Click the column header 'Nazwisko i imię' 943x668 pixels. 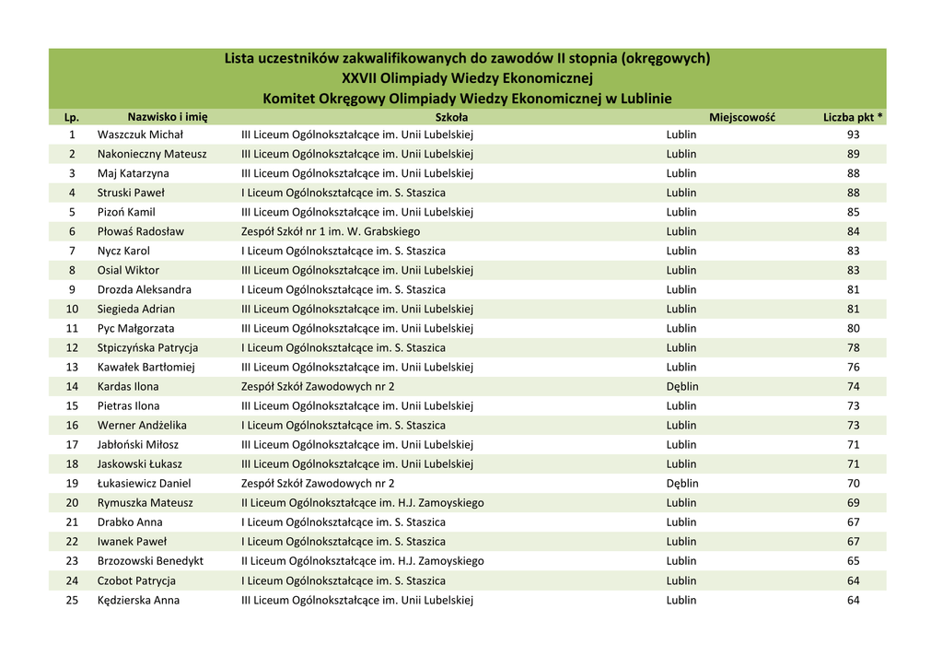[x=167, y=117]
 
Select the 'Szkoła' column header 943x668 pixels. [x=451, y=117]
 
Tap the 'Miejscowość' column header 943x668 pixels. [x=741, y=117]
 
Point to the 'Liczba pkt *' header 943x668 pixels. [x=853, y=117]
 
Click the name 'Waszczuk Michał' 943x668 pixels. [x=140, y=135]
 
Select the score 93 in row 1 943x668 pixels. [x=853, y=135]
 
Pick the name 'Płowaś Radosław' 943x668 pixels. [x=141, y=231]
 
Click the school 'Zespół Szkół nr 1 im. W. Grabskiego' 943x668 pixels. [x=331, y=231]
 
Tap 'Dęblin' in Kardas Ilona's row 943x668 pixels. [x=682, y=386]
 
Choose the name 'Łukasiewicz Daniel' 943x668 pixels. [x=144, y=483]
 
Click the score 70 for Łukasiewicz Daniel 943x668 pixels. [x=853, y=483]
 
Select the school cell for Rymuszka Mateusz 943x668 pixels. [x=362, y=503]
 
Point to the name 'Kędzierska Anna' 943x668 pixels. [x=138, y=600]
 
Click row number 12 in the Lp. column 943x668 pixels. [x=72, y=347]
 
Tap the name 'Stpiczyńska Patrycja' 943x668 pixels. [x=147, y=347]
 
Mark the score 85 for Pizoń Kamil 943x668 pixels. [x=853, y=212]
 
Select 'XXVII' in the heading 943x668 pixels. [x=359, y=78]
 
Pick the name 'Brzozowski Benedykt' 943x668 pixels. [x=150, y=560]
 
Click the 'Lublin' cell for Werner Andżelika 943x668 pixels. [x=681, y=425]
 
